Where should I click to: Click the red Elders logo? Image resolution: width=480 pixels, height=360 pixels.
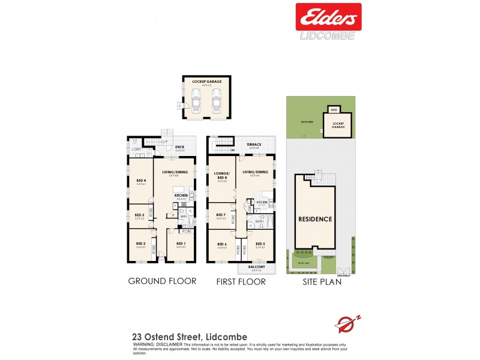pyautogui.click(x=328, y=17)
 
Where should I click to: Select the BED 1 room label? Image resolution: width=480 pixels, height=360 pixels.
pyautogui.click(x=181, y=244)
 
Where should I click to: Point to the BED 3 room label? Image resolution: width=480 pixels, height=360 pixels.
pyautogui.click(x=139, y=215)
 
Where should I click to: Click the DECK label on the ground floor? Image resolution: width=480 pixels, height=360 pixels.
pyautogui.click(x=179, y=146)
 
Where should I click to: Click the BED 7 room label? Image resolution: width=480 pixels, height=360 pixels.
pyautogui.click(x=220, y=215)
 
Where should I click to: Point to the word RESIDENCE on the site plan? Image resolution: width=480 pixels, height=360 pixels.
pyautogui.click(x=315, y=219)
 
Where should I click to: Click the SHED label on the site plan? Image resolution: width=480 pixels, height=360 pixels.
pyautogui.click(x=334, y=110)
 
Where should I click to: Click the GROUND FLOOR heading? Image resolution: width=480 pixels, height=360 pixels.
pyautogui.click(x=162, y=281)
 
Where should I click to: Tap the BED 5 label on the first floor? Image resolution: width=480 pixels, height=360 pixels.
pyautogui.click(x=260, y=244)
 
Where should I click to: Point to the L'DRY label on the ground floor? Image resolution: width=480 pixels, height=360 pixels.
pyautogui.click(x=136, y=149)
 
